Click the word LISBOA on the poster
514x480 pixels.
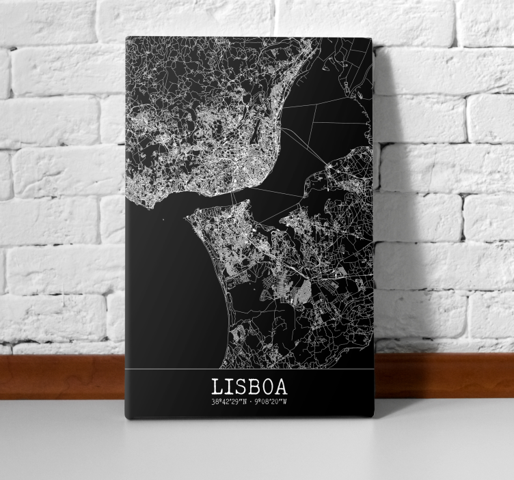coord(249,386)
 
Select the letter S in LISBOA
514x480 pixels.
coord(240,386)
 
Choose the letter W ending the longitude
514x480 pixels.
coord(285,403)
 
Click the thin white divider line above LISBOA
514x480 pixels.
coord(249,369)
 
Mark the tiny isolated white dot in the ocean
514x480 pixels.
coord(163,219)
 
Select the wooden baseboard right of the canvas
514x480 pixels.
coord(444,375)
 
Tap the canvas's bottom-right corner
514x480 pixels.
coord(374,417)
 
